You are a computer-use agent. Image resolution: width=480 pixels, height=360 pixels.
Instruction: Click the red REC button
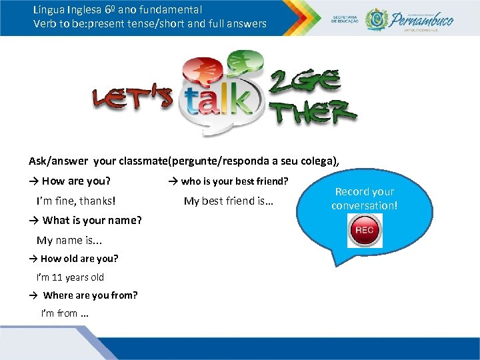coord(365,231)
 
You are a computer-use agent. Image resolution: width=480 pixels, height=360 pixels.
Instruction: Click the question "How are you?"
coord(76,181)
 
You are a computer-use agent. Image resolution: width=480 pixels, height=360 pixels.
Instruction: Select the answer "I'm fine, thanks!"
coord(76,200)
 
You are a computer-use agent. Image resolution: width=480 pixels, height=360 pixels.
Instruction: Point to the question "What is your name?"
coord(92,220)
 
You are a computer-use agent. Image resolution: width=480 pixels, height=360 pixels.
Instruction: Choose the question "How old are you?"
coord(79,259)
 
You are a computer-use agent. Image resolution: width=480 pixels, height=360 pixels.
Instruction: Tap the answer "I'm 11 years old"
coord(71,277)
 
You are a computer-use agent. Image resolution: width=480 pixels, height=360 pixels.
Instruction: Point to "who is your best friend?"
coord(235,181)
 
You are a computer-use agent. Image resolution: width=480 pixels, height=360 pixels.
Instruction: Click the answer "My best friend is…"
coord(229,201)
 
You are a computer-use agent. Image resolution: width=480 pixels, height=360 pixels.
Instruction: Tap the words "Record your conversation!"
coord(365,199)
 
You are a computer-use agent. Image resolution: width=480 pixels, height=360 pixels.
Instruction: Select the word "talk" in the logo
coord(219,102)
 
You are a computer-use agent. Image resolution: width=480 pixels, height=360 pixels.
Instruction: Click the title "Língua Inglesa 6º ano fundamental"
coord(117,10)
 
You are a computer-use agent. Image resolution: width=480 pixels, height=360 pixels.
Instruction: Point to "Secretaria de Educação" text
coord(345,19)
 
